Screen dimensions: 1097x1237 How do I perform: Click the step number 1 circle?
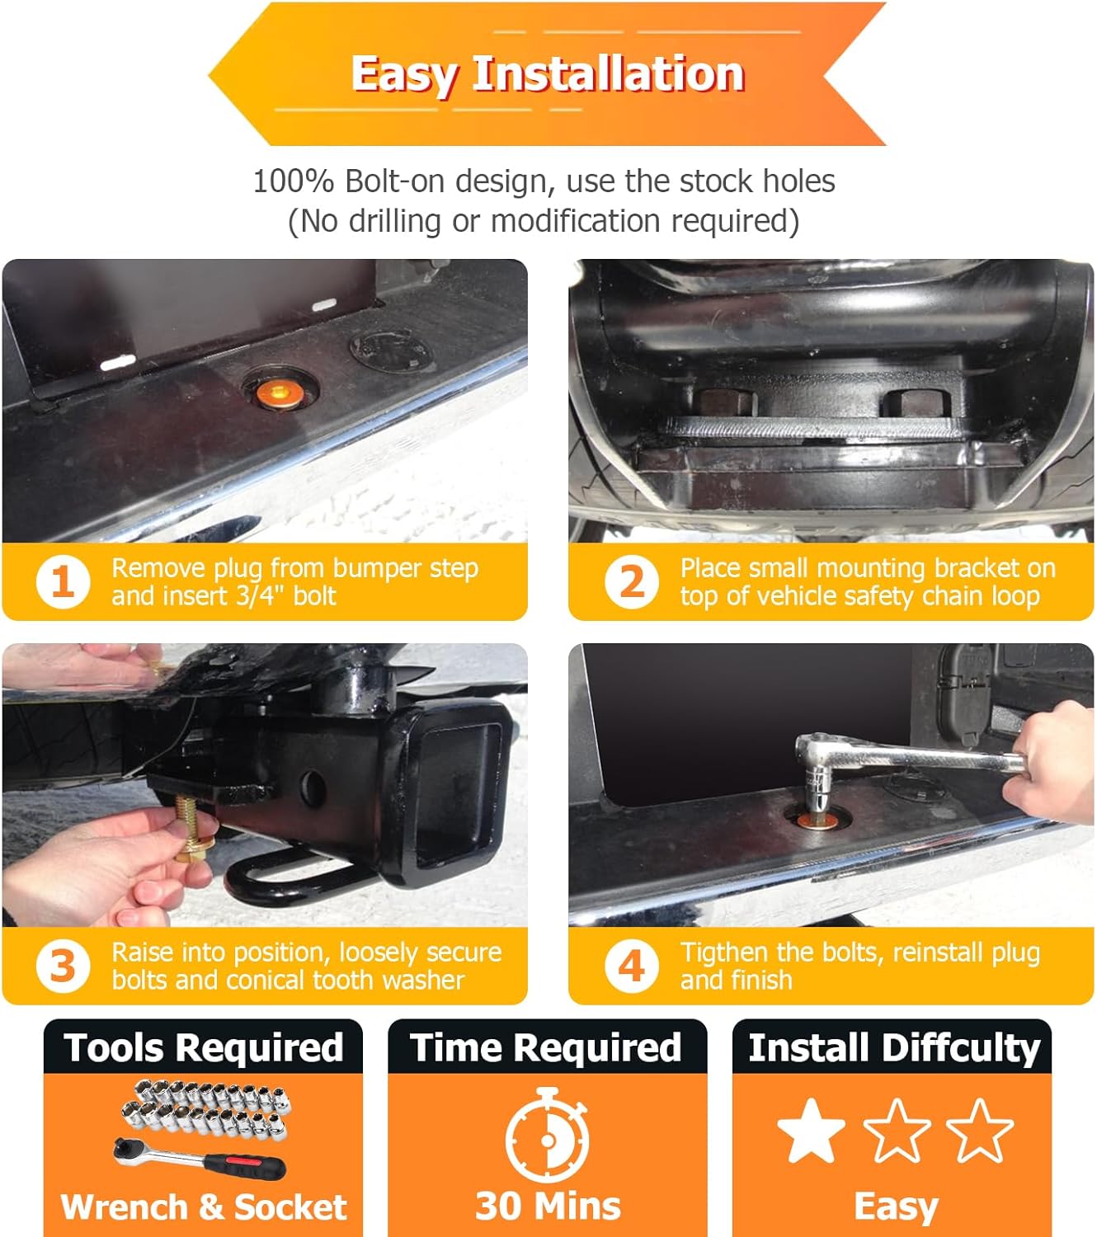coord(63,581)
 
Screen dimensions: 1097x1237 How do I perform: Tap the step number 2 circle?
coord(632,581)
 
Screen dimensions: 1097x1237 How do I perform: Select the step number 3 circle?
coord(63,966)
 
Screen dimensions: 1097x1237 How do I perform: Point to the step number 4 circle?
coord(632,966)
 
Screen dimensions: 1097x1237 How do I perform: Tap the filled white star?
coord(811,1130)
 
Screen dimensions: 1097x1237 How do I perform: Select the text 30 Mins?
coord(548,1206)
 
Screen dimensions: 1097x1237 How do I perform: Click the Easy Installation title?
coord(548,74)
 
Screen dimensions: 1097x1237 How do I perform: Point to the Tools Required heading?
coord(204,1048)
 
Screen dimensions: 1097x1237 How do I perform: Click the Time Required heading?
coord(545,1048)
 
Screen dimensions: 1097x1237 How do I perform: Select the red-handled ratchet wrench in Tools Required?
coord(200,1160)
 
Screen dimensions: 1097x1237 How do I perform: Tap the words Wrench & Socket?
coord(204,1206)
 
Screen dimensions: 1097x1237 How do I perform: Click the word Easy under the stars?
coord(896,1207)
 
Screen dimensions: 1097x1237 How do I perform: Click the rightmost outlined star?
coord(979,1130)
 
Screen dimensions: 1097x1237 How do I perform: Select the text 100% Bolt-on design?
coord(403,181)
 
